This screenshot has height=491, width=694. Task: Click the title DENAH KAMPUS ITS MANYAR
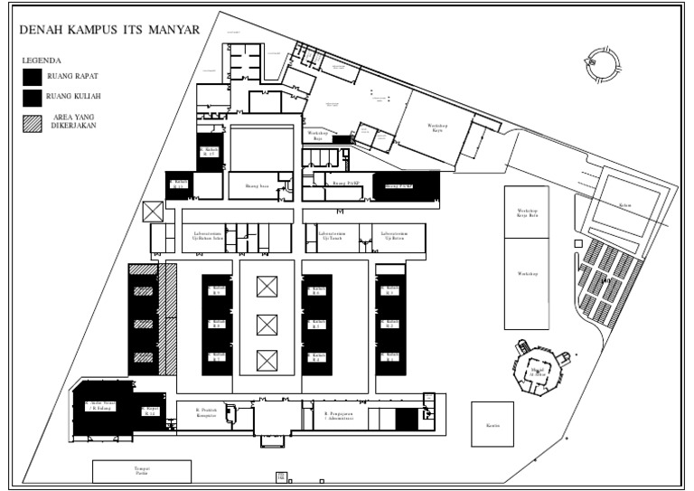pos(110,30)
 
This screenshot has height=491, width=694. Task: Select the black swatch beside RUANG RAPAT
pos(33,76)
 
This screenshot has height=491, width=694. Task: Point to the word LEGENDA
pos(42,60)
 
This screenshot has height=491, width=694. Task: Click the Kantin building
pos(492,424)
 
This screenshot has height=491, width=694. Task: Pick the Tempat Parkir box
pos(142,471)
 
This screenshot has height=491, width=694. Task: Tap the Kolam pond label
pos(624,205)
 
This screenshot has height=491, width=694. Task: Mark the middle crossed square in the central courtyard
pos(267,324)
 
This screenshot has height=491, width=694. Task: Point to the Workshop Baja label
pos(318,137)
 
